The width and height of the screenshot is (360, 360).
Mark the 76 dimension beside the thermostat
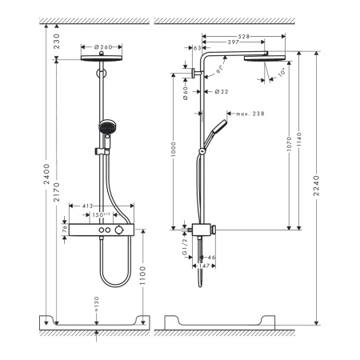pyautogui.click(x=64, y=230)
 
